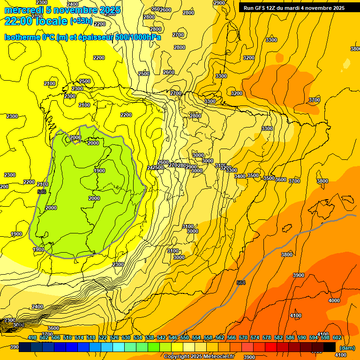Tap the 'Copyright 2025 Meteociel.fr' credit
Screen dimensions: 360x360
coord(199,356)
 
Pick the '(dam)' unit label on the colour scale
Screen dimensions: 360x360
coord(347,348)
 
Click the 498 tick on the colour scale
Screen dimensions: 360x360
coord(32,337)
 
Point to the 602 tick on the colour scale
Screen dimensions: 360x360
coord(337,337)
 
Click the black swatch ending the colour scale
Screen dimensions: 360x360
coord(330,347)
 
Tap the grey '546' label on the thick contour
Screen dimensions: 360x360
coord(41,192)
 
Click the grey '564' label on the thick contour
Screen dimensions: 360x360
coord(241,282)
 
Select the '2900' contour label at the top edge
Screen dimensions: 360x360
coord(219,3)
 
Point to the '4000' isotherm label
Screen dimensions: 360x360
coord(334,300)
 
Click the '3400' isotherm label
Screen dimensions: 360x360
coord(240,176)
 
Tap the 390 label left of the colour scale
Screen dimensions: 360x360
coord(15,347)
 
